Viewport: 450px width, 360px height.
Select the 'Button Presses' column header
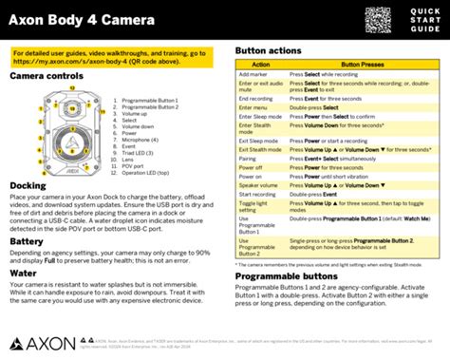click(x=363, y=65)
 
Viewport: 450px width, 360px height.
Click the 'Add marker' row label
click(x=253, y=73)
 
